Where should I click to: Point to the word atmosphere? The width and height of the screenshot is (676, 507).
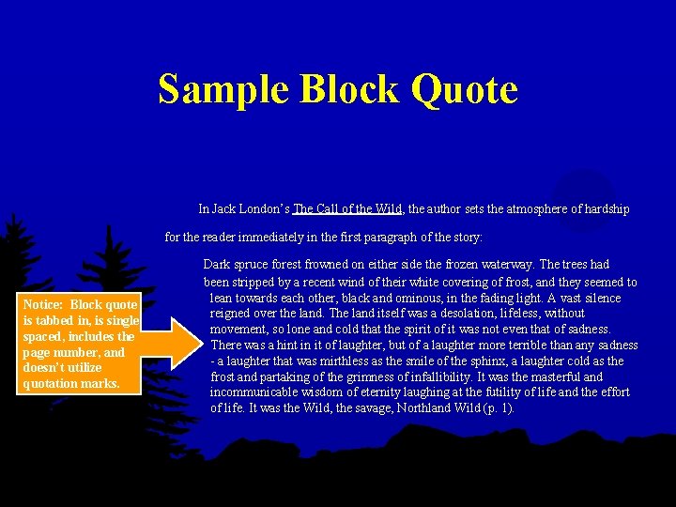545,208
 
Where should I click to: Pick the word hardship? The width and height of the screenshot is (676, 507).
605,208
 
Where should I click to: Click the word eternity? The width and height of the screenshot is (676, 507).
379,392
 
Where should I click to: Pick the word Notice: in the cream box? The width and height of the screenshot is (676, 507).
45,304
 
